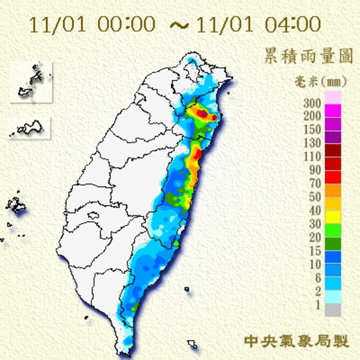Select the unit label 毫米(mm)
click(317, 82)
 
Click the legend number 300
click(312, 103)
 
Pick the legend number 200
click(312, 116)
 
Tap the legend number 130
click(312, 143)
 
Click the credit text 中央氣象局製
click(296, 341)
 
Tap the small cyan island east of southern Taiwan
click(187, 289)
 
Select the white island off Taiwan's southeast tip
click(192, 343)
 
